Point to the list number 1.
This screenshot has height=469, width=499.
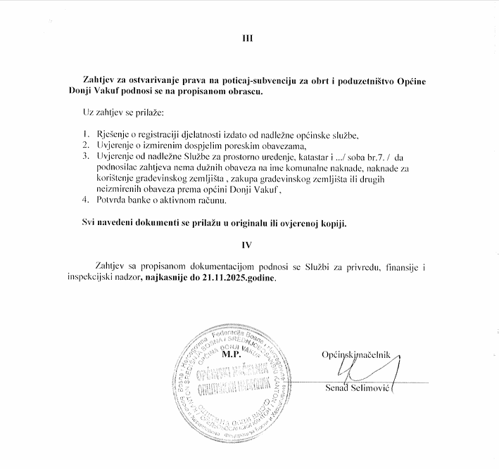(85, 134)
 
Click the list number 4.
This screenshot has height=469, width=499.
(85, 201)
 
